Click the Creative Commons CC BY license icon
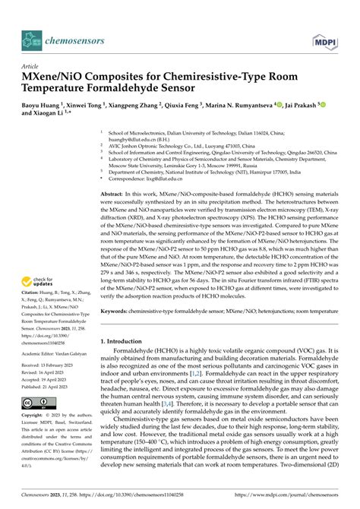tap(34, 401)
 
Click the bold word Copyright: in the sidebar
tap(35, 416)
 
